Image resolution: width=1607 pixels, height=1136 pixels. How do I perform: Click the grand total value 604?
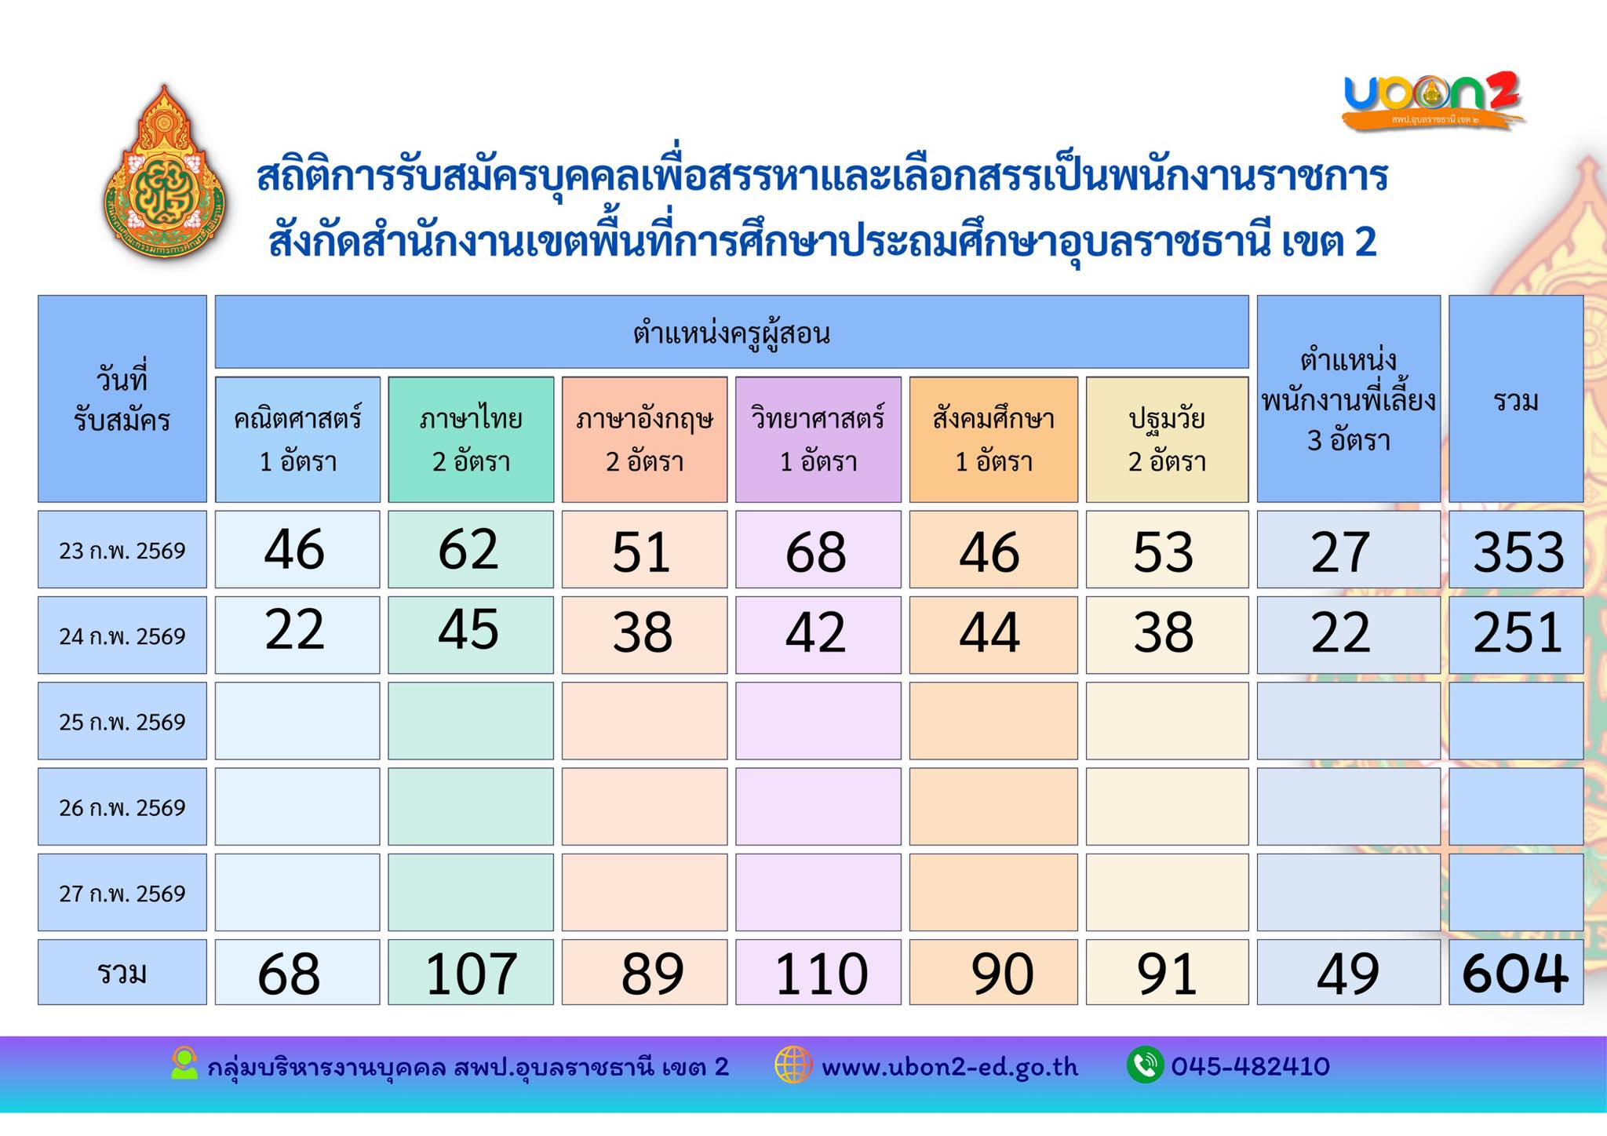tap(1515, 973)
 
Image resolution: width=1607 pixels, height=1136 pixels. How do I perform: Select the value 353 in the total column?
tap(1518, 551)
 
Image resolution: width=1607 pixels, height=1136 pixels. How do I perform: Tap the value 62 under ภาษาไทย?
tap(468, 549)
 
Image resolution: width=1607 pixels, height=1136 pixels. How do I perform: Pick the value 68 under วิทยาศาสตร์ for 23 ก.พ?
tap(816, 551)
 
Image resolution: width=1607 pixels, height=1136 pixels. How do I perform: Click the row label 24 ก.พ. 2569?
tap(122, 635)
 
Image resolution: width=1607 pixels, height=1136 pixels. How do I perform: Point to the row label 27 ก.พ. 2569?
tap(122, 893)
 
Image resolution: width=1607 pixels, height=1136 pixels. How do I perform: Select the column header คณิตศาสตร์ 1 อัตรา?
tap(297, 439)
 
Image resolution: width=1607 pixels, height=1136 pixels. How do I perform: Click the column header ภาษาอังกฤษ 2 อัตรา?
tap(644, 439)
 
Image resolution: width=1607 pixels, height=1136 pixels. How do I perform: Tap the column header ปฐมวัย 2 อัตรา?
tap(1167, 439)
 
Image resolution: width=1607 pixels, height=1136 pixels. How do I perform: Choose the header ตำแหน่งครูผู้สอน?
tap(731, 333)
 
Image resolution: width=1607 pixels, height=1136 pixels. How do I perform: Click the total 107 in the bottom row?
tap(471, 973)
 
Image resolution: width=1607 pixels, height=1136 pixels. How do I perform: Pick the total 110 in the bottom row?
tap(821, 973)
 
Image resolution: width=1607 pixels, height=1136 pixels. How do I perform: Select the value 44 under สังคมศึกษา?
tap(989, 632)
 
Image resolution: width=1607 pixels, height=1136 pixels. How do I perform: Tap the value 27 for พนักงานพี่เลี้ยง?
tap(1340, 551)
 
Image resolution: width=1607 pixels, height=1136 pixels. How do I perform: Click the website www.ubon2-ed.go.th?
tap(949, 1067)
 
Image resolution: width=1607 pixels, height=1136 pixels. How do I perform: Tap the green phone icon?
tap(1145, 1065)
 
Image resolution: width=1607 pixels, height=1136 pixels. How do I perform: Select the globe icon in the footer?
tap(793, 1065)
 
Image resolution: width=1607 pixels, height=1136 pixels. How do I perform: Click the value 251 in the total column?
tap(1518, 632)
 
